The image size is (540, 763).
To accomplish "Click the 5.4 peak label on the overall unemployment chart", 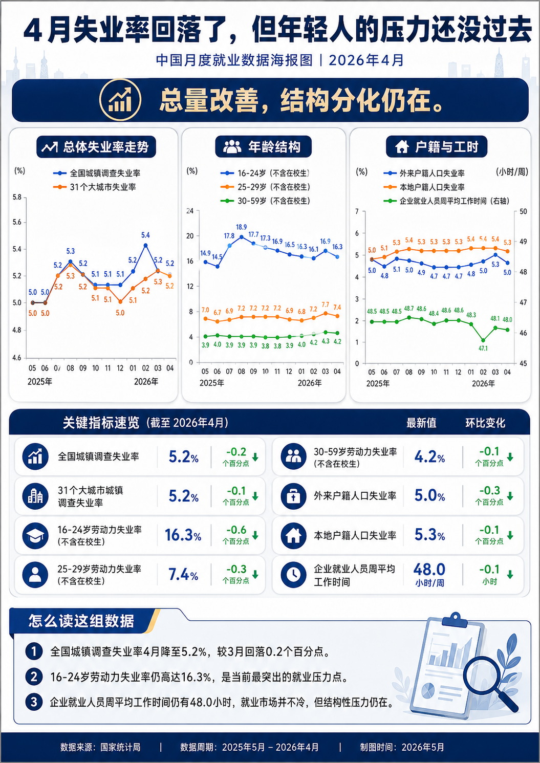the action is [145, 235].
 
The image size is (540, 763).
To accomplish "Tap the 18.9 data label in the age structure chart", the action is [241, 227].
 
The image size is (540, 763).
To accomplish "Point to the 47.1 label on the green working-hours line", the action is [483, 348].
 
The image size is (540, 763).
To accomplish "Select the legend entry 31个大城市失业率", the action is [94, 187].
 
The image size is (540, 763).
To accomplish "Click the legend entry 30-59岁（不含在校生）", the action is [266, 201].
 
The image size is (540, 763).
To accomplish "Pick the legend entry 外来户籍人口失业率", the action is [424, 173].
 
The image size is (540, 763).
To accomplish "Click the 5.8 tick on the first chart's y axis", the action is [17, 197].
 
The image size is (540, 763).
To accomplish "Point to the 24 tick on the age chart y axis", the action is [190, 211].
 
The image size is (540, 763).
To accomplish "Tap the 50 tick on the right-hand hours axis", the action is [523, 211].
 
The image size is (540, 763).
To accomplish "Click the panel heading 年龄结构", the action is [274, 147].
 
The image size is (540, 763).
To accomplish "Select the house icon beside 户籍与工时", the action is [402, 147].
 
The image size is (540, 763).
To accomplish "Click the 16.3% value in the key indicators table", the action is [183, 535].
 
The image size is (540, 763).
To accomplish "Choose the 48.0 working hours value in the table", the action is [429, 569].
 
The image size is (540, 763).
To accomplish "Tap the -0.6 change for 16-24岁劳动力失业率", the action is [236, 530].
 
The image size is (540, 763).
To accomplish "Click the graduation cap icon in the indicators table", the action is [35, 535].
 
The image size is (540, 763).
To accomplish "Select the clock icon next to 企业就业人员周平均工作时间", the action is [293, 575].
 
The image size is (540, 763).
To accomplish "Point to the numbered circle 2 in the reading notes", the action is [34, 677].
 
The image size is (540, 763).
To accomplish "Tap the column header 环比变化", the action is [485, 423].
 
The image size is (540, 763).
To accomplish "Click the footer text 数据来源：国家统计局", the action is [100, 747].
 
